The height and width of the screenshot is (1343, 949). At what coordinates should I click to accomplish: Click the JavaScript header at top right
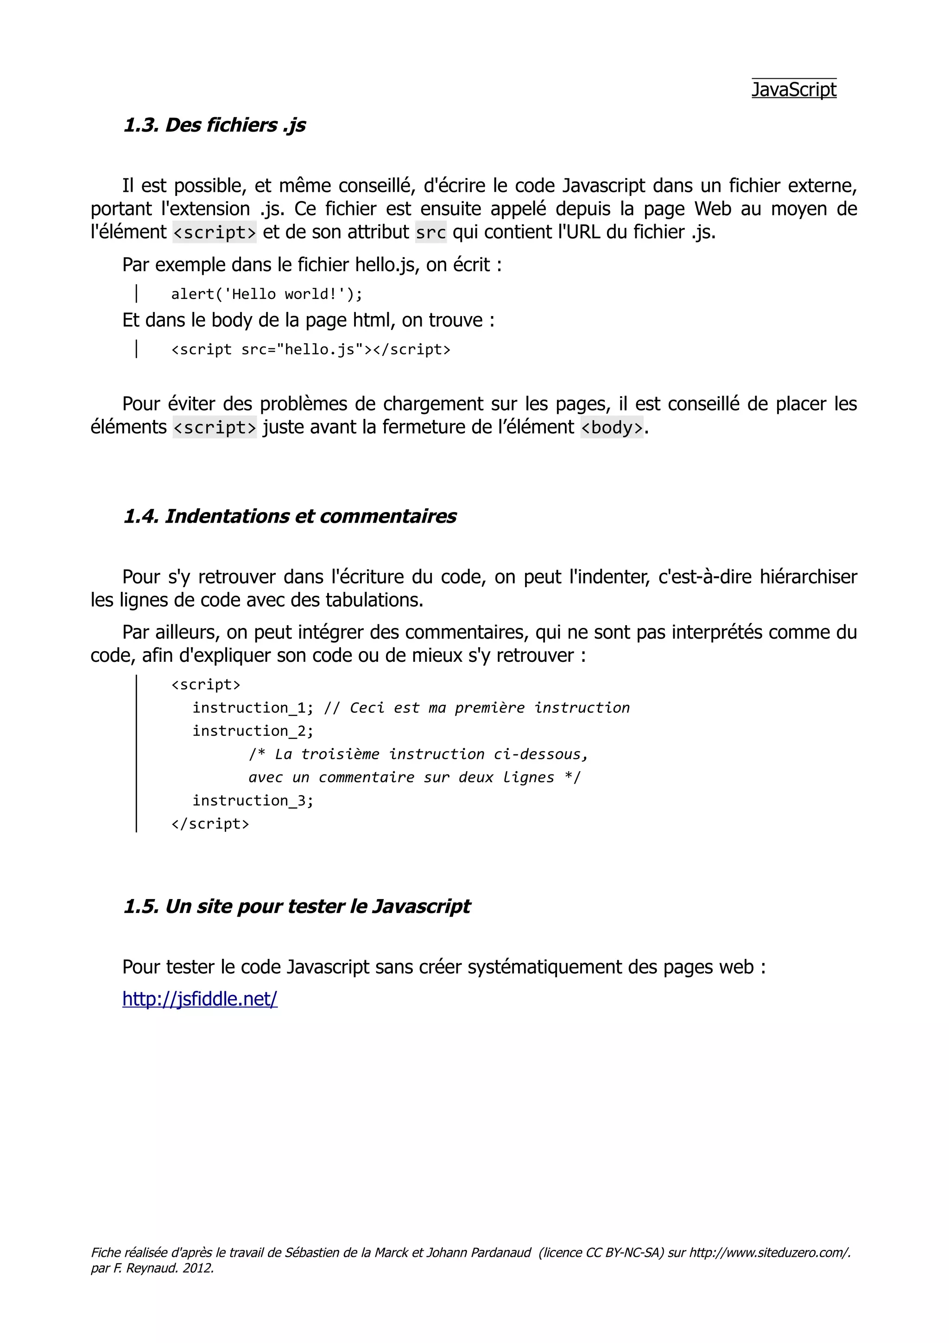[x=793, y=89]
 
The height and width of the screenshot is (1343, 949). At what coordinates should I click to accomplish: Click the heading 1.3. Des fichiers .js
[x=214, y=125]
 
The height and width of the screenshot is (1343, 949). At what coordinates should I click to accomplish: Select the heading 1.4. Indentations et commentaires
[x=290, y=517]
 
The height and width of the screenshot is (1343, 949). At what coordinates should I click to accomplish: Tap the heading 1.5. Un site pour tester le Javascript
[x=297, y=906]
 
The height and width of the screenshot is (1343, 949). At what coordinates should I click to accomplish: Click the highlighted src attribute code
[x=430, y=233]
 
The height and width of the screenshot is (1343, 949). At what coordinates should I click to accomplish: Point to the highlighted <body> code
[x=611, y=428]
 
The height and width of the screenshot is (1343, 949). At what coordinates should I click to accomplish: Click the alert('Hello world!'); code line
[x=266, y=294]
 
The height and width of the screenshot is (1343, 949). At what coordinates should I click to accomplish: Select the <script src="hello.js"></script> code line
[x=310, y=350]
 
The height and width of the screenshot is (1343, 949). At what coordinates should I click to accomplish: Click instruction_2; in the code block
[x=253, y=731]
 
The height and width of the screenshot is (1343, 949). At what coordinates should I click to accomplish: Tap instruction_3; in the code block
[x=253, y=801]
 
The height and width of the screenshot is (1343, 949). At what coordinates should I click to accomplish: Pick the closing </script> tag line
[x=210, y=824]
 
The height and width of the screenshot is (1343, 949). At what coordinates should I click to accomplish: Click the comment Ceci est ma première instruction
[x=489, y=709]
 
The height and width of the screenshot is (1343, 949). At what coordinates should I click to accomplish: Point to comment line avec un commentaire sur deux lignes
[x=414, y=778]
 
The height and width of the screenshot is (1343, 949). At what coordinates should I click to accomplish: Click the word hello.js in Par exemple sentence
[x=386, y=266]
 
